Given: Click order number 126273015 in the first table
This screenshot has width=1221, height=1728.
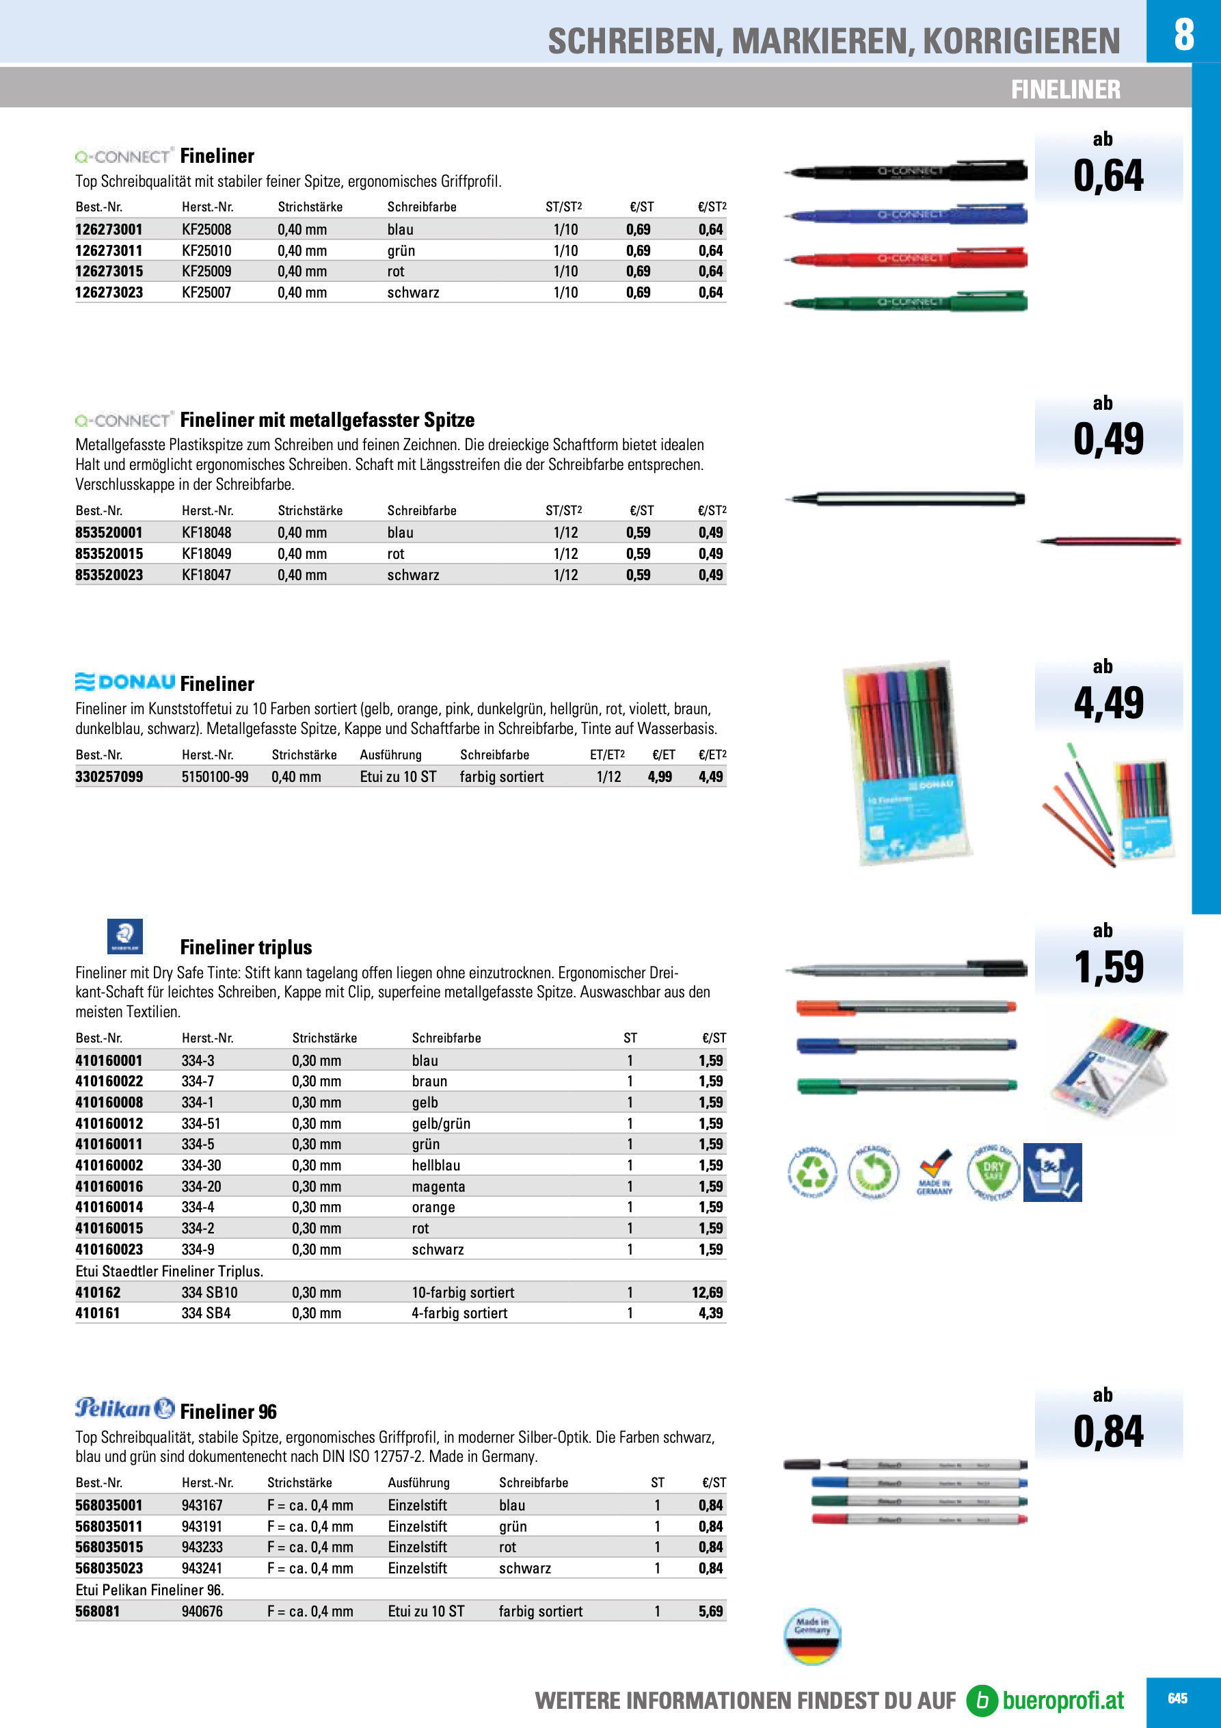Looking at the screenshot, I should pos(109,272).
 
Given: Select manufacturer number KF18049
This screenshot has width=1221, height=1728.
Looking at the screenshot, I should pos(206,554).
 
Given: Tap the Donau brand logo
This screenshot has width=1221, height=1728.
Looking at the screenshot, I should pos(125,682).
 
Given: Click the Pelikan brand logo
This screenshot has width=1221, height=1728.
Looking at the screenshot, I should pos(125,1408).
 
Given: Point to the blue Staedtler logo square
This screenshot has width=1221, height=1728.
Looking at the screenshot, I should pos(125,937).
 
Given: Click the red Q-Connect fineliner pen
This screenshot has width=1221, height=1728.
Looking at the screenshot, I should pos(907,259).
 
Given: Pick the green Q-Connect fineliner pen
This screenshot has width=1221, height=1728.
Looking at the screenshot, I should pos(907,302).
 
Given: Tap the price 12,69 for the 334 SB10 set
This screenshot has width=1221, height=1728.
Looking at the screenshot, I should pos(707,1293).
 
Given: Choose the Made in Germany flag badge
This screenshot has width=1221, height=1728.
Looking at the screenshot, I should pos(811,1636).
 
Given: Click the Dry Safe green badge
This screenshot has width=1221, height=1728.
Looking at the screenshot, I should pos(993,1172).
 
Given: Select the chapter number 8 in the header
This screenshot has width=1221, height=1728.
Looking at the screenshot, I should pos(1183,34).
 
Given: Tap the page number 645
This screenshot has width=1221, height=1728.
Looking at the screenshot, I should pos(1177,1699).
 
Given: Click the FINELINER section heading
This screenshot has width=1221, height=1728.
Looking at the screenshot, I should pos(1065,90).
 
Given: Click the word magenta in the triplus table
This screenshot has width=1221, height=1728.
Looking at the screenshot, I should pos(439,1187).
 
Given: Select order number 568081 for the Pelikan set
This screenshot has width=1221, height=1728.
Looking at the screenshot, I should pos(98,1611).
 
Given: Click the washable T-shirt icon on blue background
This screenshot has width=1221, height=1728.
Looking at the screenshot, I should pos(1053,1173).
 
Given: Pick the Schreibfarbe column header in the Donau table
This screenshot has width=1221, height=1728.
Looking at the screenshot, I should pos(494,755).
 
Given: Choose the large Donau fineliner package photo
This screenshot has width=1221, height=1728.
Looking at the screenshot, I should pos(907,763).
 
